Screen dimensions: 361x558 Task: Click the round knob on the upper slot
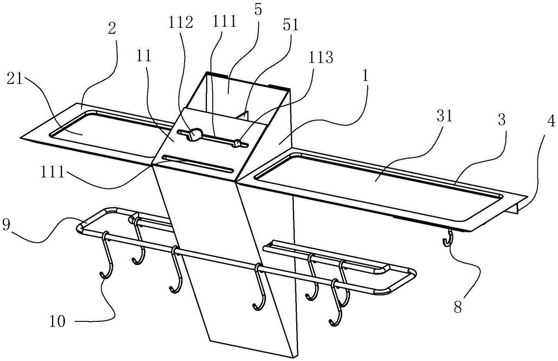point(194,134)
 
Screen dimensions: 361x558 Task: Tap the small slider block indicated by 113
point(237,144)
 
